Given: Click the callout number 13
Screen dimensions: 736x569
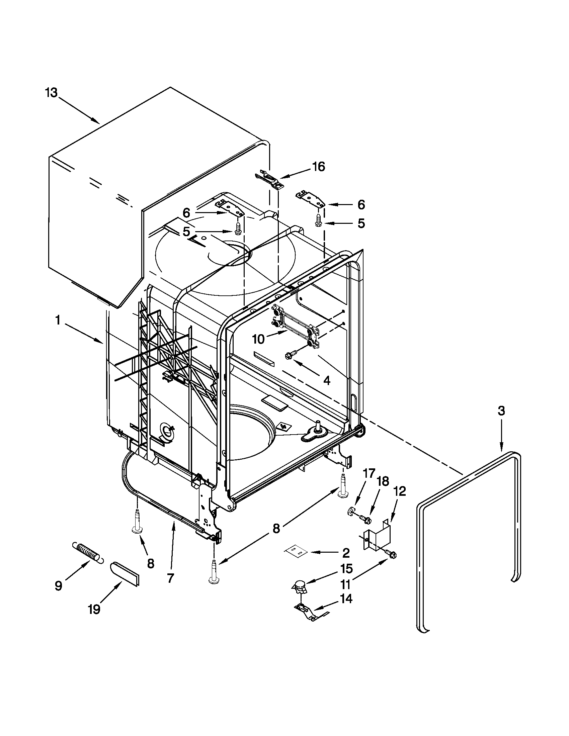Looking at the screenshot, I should [x=52, y=92].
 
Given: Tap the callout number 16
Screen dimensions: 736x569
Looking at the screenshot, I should [x=318, y=167].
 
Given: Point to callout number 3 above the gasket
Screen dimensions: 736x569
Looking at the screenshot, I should [x=501, y=411].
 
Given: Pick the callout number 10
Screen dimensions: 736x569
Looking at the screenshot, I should [x=258, y=339].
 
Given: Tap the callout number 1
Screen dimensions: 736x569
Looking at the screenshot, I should [x=58, y=320].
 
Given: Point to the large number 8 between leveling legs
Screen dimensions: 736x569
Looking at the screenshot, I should [x=276, y=529].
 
